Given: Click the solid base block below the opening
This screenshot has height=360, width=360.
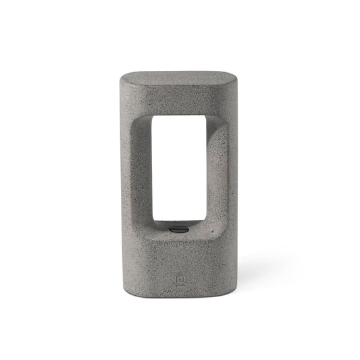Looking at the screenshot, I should (180, 267).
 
